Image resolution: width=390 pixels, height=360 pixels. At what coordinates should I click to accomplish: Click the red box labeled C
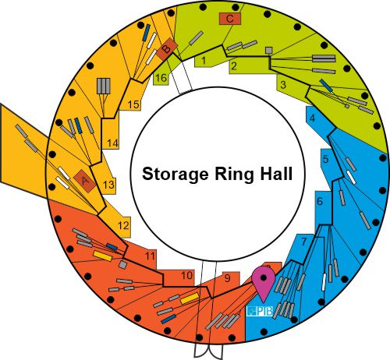tap(230, 19)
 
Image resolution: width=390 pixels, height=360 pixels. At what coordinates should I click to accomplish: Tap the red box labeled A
tap(84, 181)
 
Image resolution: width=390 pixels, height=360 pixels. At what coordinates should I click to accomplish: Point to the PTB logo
tap(260, 311)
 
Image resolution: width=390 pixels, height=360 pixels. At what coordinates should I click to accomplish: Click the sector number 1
tap(204, 61)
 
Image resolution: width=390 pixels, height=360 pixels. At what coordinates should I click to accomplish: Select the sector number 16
tap(161, 77)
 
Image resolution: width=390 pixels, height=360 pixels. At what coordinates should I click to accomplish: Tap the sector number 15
tap(133, 104)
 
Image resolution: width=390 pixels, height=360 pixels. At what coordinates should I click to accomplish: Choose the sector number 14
tap(112, 143)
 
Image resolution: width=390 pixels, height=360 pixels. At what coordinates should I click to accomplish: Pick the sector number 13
tap(108, 185)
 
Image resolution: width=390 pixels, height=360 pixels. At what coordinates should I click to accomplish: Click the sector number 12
tap(123, 225)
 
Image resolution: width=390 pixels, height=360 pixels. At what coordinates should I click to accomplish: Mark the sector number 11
tap(150, 256)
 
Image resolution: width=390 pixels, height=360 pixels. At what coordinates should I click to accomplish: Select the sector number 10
tap(186, 275)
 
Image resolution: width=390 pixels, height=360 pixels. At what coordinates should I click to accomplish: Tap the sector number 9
tap(228, 278)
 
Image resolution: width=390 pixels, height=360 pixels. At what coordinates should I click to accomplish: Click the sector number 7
tap(304, 242)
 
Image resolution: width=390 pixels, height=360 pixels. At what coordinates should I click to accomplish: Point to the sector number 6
tap(320, 201)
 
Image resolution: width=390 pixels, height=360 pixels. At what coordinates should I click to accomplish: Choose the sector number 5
tap(326, 159)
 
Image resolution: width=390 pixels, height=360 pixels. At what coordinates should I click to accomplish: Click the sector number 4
tap(312, 118)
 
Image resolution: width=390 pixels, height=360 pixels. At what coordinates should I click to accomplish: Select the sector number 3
tap(283, 84)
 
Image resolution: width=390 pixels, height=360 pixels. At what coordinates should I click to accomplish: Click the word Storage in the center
tap(175, 175)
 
